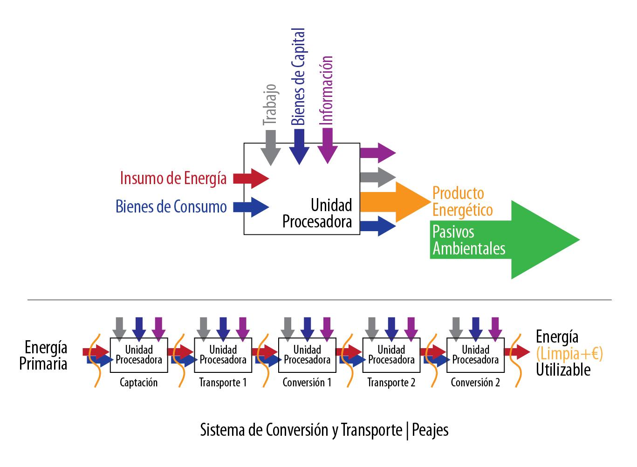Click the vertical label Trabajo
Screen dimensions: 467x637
270,105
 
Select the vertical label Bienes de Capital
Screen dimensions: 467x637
298,77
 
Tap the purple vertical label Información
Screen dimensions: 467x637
328,90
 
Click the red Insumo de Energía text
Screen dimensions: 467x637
173,178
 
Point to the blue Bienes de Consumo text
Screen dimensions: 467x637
171,206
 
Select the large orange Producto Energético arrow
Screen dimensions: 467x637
396,202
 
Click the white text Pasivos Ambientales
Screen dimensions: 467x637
469,240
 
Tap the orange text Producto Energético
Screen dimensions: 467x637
462,201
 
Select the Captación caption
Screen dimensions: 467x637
138,383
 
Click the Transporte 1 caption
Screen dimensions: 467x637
223,383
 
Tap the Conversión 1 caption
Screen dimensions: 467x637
307,383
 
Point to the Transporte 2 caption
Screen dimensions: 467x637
391,383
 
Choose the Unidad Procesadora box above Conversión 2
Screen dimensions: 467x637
475,355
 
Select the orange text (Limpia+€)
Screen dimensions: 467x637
569,354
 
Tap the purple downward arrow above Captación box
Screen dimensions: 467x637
159,327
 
